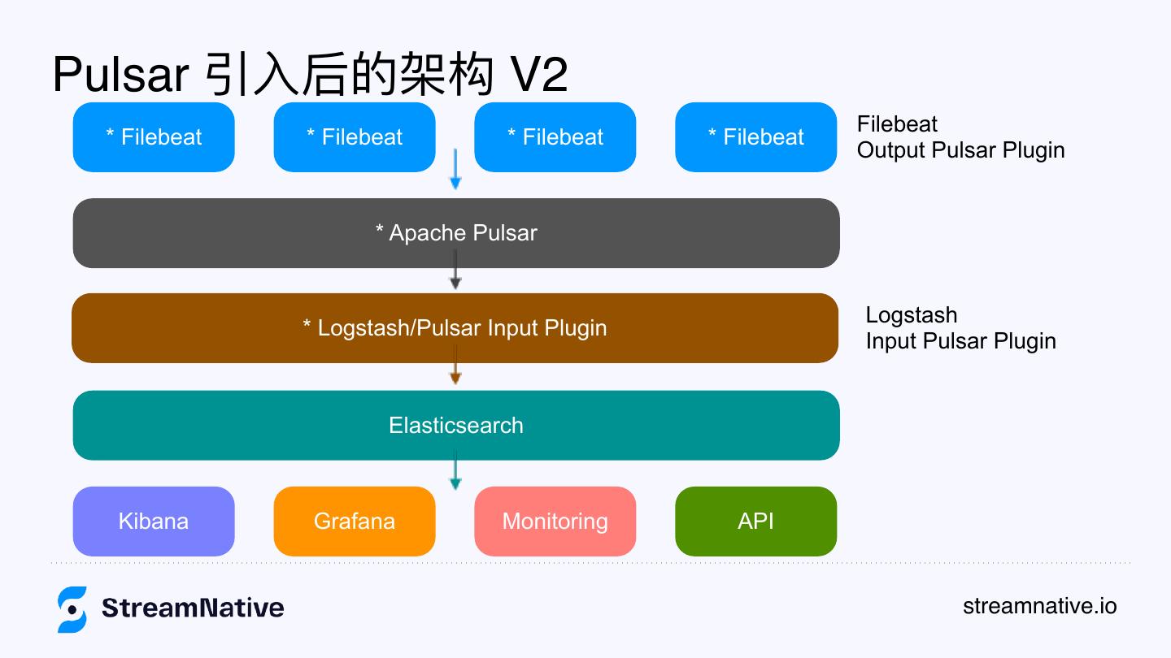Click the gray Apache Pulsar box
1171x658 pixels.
pyautogui.click(x=455, y=233)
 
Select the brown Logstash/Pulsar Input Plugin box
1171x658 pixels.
pyautogui.click(x=455, y=327)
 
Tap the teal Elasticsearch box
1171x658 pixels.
pyautogui.click(x=455, y=425)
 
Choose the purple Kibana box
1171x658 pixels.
pyautogui.click(x=154, y=521)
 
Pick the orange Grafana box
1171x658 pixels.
pyautogui.click(x=355, y=521)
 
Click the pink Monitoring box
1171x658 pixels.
pyautogui.click(x=555, y=521)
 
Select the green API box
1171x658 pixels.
pyautogui.click(x=755, y=521)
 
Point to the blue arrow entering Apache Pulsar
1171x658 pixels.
pyautogui.click(x=455, y=171)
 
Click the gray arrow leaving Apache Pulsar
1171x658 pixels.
pyautogui.click(x=455, y=271)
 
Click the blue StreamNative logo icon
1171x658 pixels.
pyautogui.click(x=72, y=608)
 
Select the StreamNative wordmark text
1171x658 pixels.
pyautogui.click(x=193, y=608)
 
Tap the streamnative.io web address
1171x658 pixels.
pyautogui.click(x=1039, y=606)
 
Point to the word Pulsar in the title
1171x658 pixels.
pyautogui.click(x=120, y=76)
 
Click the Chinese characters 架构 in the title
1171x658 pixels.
pyautogui.click(x=447, y=76)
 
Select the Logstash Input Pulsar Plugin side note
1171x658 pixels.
pyautogui.click(x=960, y=327)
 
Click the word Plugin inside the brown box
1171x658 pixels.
pyautogui.click(x=575, y=328)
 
